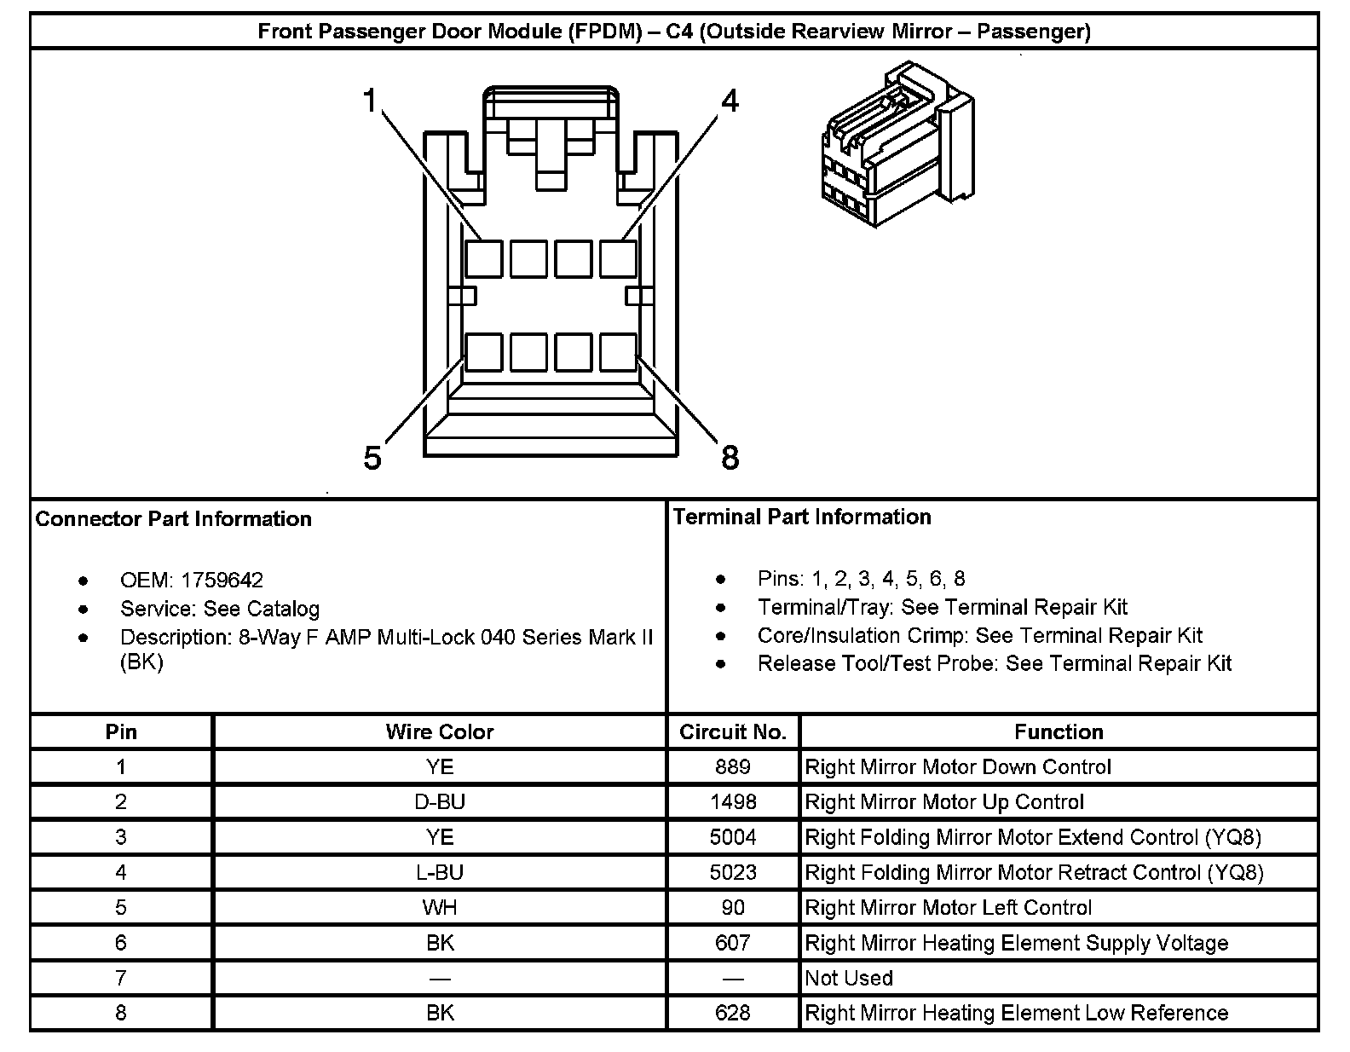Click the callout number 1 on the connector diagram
click(370, 101)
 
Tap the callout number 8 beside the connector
click(730, 458)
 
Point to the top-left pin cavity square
click(484, 258)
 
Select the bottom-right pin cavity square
click(618, 351)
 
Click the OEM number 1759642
click(221, 581)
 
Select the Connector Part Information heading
click(174, 519)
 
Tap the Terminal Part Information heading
click(802, 517)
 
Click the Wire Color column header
click(439, 731)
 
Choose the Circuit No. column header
click(732, 731)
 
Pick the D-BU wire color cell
click(440, 802)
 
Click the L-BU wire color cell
click(440, 872)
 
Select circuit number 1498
click(733, 802)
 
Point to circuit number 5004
click(733, 837)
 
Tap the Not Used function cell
click(849, 978)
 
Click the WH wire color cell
click(440, 908)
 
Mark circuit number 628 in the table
click(733, 1013)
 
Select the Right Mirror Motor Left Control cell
click(948, 908)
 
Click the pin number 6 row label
click(121, 943)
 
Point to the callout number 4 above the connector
click(730, 101)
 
